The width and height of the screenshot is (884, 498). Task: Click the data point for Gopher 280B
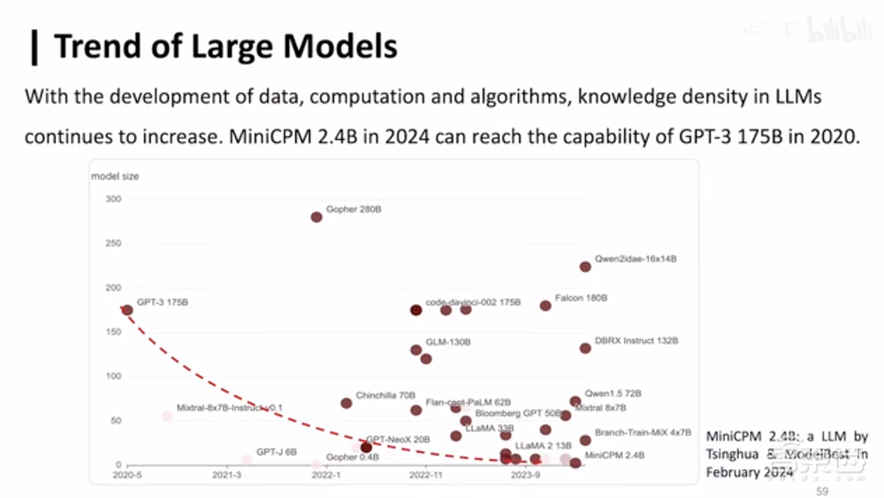click(x=316, y=217)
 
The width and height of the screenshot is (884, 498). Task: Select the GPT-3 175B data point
click(x=127, y=310)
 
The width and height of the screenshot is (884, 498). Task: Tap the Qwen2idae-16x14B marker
click(x=585, y=266)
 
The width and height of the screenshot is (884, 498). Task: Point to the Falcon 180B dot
click(x=545, y=305)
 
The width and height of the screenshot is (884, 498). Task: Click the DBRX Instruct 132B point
click(x=585, y=348)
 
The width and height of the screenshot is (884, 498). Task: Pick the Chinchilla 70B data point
click(x=347, y=402)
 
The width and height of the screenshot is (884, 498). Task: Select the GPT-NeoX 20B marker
click(x=366, y=448)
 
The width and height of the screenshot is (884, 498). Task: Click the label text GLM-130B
click(x=448, y=341)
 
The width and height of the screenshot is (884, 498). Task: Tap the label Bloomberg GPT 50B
click(x=518, y=413)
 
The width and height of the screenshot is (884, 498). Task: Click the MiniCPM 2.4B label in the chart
click(x=614, y=455)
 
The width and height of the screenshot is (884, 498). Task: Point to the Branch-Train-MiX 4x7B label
click(x=643, y=433)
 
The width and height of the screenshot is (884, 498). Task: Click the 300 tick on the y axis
click(x=112, y=199)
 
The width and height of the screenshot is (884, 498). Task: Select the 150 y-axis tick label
click(x=112, y=332)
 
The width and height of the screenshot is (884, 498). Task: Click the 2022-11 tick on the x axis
click(x=425, y=475)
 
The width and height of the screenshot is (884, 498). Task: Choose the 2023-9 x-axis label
click(x=525, y=475)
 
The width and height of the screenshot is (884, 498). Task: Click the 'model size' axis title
click(x=115, y=176)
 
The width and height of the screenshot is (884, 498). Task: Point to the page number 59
click(x=822, y=491)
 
